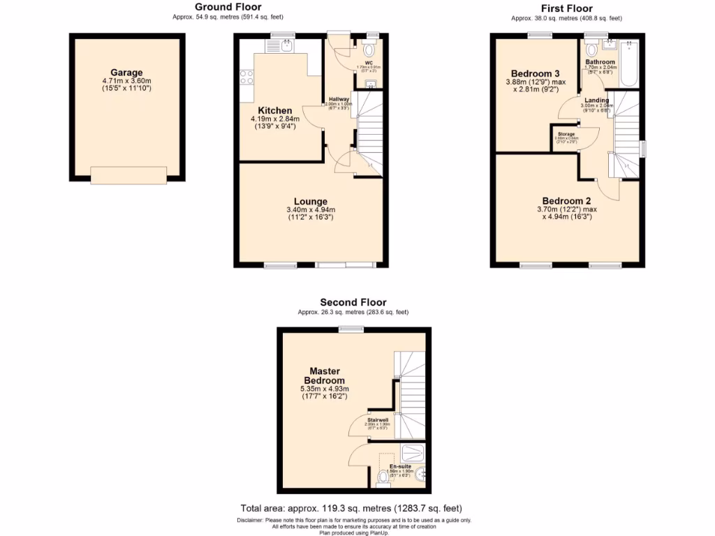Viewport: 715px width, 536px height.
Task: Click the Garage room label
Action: [126, 73]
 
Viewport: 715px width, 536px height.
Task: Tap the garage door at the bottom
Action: [128, 175]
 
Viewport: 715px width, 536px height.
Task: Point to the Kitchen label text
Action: [275, 111]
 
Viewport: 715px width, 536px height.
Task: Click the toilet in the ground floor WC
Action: [369, 50]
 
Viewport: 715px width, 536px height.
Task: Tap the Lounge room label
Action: [311, 202]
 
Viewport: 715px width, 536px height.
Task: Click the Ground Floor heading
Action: [228, 8]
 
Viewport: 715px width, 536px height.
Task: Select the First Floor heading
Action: [566, 8]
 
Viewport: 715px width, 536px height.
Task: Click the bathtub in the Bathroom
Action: [628, 64]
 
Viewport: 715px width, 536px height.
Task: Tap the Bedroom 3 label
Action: [536, 74]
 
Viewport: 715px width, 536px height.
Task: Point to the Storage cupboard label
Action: [566, 134]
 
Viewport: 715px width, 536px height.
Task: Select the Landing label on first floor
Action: [596, 100]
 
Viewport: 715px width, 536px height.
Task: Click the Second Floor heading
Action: [353, 302]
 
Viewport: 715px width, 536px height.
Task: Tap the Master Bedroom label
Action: [324, 375]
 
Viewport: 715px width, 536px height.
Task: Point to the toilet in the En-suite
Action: [383, 478]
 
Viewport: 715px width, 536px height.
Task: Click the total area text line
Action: [351, 508]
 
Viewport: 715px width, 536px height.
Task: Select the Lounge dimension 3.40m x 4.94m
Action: [311, 210]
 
